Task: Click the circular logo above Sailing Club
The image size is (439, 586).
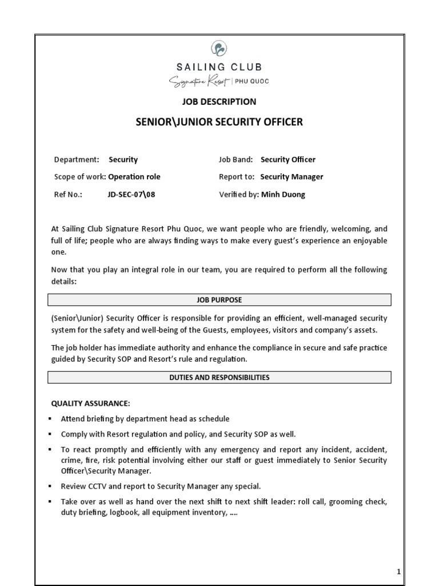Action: (x=219, y=48)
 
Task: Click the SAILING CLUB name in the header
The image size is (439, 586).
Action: (x=219, y=68)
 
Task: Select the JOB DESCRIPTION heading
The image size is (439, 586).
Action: (x=219, y=101)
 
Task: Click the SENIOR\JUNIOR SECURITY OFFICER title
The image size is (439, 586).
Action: (x=219, y=122)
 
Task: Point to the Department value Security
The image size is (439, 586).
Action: (x=123, y=160)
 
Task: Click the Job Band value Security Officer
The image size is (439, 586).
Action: (x=288, y=160)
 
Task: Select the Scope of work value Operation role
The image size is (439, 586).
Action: (x=134, y=177)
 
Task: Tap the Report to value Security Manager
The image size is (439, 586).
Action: (x=292, y=177)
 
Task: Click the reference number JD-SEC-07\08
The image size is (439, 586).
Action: (x=131, y=195)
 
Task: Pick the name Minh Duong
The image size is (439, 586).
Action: (x=283, y=195)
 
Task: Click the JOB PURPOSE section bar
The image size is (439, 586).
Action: (x=219, y=300)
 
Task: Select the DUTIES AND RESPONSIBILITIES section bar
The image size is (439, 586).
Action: (x=219, y=378)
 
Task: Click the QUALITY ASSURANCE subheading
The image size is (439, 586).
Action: (x=91, y=403)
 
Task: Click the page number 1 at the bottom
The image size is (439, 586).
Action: (x=399, y=572)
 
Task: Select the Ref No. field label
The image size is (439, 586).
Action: (x=68, y=195)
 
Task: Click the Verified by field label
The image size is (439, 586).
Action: (x=239, y=195)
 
